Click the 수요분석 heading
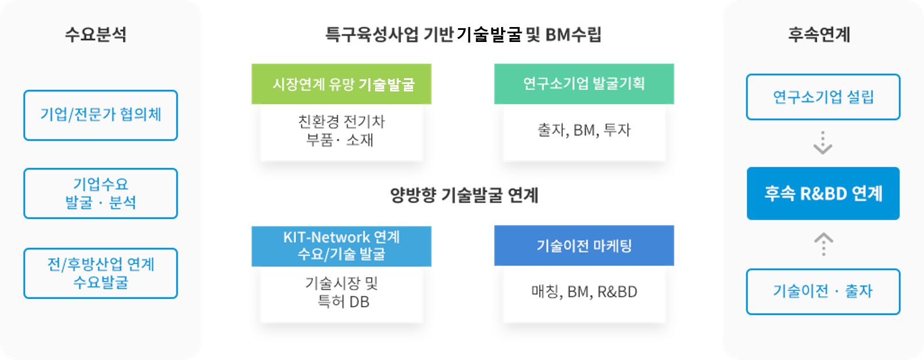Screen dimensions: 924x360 (x=96, y=35)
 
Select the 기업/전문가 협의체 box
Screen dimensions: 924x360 (x=101, y=116)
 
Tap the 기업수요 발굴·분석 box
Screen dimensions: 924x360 (x=101, y=193)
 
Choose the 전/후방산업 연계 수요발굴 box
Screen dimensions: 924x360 (x=101, y=273)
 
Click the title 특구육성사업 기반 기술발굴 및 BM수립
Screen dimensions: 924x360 (x=463, y=35)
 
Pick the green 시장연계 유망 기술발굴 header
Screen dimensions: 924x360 (x=342, y=84)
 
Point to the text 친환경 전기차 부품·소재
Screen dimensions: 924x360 (x=341, y=131)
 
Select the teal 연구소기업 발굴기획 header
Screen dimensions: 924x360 (x=584, y=84)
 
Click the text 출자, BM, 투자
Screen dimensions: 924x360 (x=584, y=131)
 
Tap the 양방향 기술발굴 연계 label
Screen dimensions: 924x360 (x=464, y=194)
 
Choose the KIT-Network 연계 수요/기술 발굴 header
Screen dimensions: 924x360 (x=342, y=246)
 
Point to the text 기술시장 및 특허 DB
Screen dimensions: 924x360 (x=342, y=292)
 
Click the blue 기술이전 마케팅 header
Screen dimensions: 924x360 (x=584, y=246)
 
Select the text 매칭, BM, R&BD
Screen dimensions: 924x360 (x=584, y=292)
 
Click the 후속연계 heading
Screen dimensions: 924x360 (x=819, y=35)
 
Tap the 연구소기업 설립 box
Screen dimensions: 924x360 (x=823, y=97)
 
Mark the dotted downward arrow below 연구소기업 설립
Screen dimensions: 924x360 (x=823, y=143)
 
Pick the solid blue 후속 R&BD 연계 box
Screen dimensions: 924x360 (x=823, y=193)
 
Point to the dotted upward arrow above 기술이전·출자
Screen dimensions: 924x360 (x=823, y=244)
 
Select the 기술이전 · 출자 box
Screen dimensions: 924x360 (x=823, y=292)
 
